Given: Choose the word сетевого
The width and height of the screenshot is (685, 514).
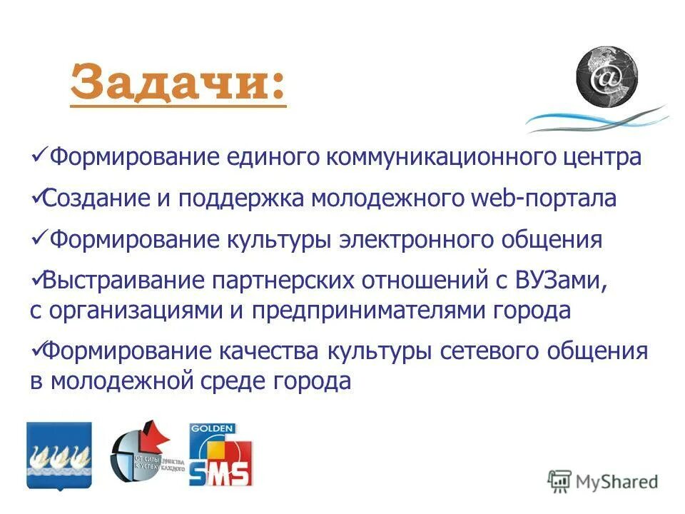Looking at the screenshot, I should pos(494,352).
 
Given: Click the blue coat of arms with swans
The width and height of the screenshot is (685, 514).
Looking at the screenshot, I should pos(59,455).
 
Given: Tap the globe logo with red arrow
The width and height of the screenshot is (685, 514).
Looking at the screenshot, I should pos(147,455).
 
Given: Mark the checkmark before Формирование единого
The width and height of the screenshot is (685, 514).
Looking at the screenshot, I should pos(40,154).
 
